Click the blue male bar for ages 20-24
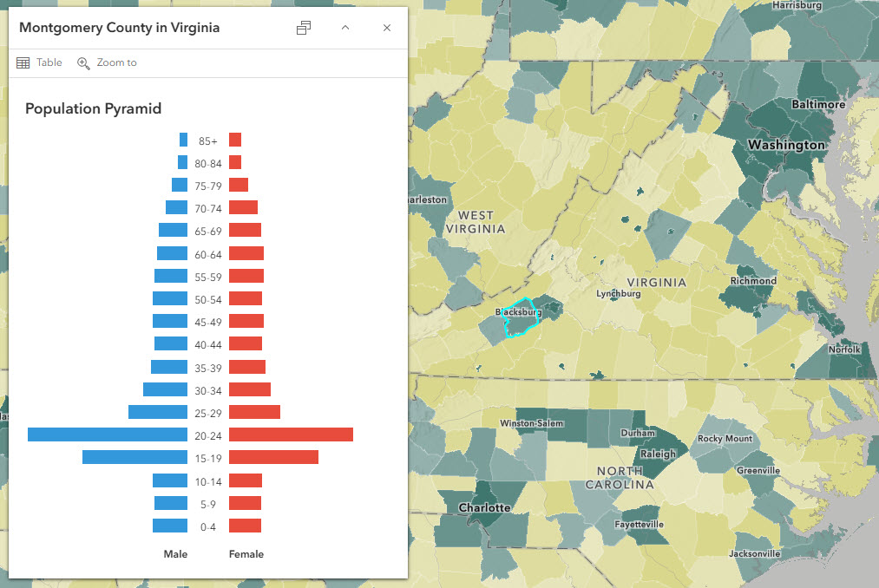click(108, 434)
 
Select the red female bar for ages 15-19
click(273, 457)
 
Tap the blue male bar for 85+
click(183, 140)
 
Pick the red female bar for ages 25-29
click(254, 412)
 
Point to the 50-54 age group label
click(208, 299)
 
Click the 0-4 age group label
click(208, 526)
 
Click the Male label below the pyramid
click(175, 554)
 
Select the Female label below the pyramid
click(246, 554)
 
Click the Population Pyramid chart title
click(93, 108)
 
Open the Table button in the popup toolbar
click(40, 62)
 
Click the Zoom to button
click(107, 62)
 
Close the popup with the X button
click(387, 28)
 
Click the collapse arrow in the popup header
click(345, 28)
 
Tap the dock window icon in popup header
click(304, 28)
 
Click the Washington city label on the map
click(787, 145)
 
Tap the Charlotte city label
click(484, 507)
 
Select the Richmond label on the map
click(753, 281)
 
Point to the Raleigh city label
click(657, 454)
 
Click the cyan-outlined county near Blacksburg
click(521, 323)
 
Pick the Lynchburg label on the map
click(618, 294)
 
